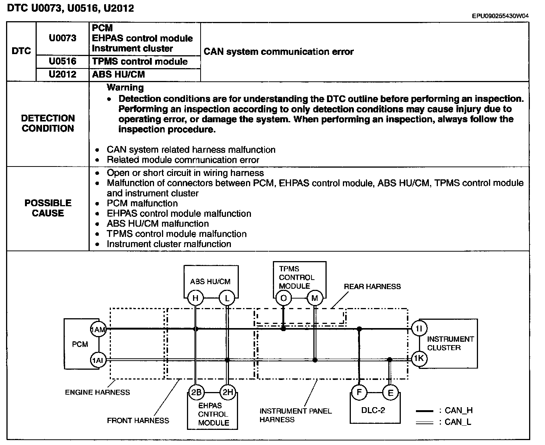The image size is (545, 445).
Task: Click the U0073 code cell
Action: [62, 38]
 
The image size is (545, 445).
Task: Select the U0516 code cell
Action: [62, 61]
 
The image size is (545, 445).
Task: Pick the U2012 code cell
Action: [62, 74]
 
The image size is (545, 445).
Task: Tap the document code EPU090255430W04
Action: [500, 16]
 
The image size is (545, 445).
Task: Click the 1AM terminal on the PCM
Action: [98, 330]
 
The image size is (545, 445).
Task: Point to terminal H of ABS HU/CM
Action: [195, 298]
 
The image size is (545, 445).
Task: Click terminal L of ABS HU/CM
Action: [227, 298]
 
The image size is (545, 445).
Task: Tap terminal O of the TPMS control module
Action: [283, 298]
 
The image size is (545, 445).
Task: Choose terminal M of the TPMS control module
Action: [315, 298]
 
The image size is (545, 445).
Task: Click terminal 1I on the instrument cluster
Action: [419, 329]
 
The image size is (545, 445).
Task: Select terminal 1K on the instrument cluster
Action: [419, 358]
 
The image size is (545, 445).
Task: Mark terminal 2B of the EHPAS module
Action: [196, 392]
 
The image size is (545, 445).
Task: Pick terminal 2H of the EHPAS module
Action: [227, 392]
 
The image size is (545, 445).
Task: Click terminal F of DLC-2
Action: [359, 392]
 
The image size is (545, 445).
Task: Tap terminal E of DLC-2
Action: [390, 393]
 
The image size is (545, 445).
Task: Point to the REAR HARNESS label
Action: [372, 287]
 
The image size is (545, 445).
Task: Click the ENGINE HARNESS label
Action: [97, 392]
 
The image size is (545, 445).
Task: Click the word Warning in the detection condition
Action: [125, 87]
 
